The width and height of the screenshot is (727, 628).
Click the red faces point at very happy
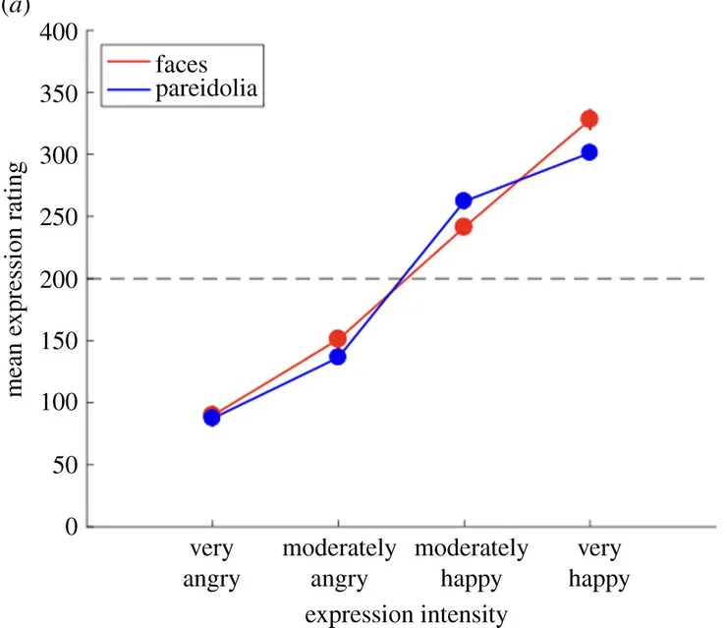click(589, 120)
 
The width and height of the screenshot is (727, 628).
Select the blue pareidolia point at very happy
click(589, 152)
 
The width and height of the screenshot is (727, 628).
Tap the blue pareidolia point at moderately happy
click(464, 201)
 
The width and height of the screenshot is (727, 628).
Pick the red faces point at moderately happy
click(464, 227)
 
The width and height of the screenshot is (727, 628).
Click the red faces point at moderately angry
click(338, 339)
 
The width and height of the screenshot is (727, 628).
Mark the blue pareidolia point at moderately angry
click(338, 357)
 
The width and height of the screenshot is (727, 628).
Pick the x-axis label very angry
click(211, 562)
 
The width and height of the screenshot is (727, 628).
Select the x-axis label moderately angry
click(338, 562)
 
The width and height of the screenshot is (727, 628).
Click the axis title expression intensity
click(406, 615)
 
